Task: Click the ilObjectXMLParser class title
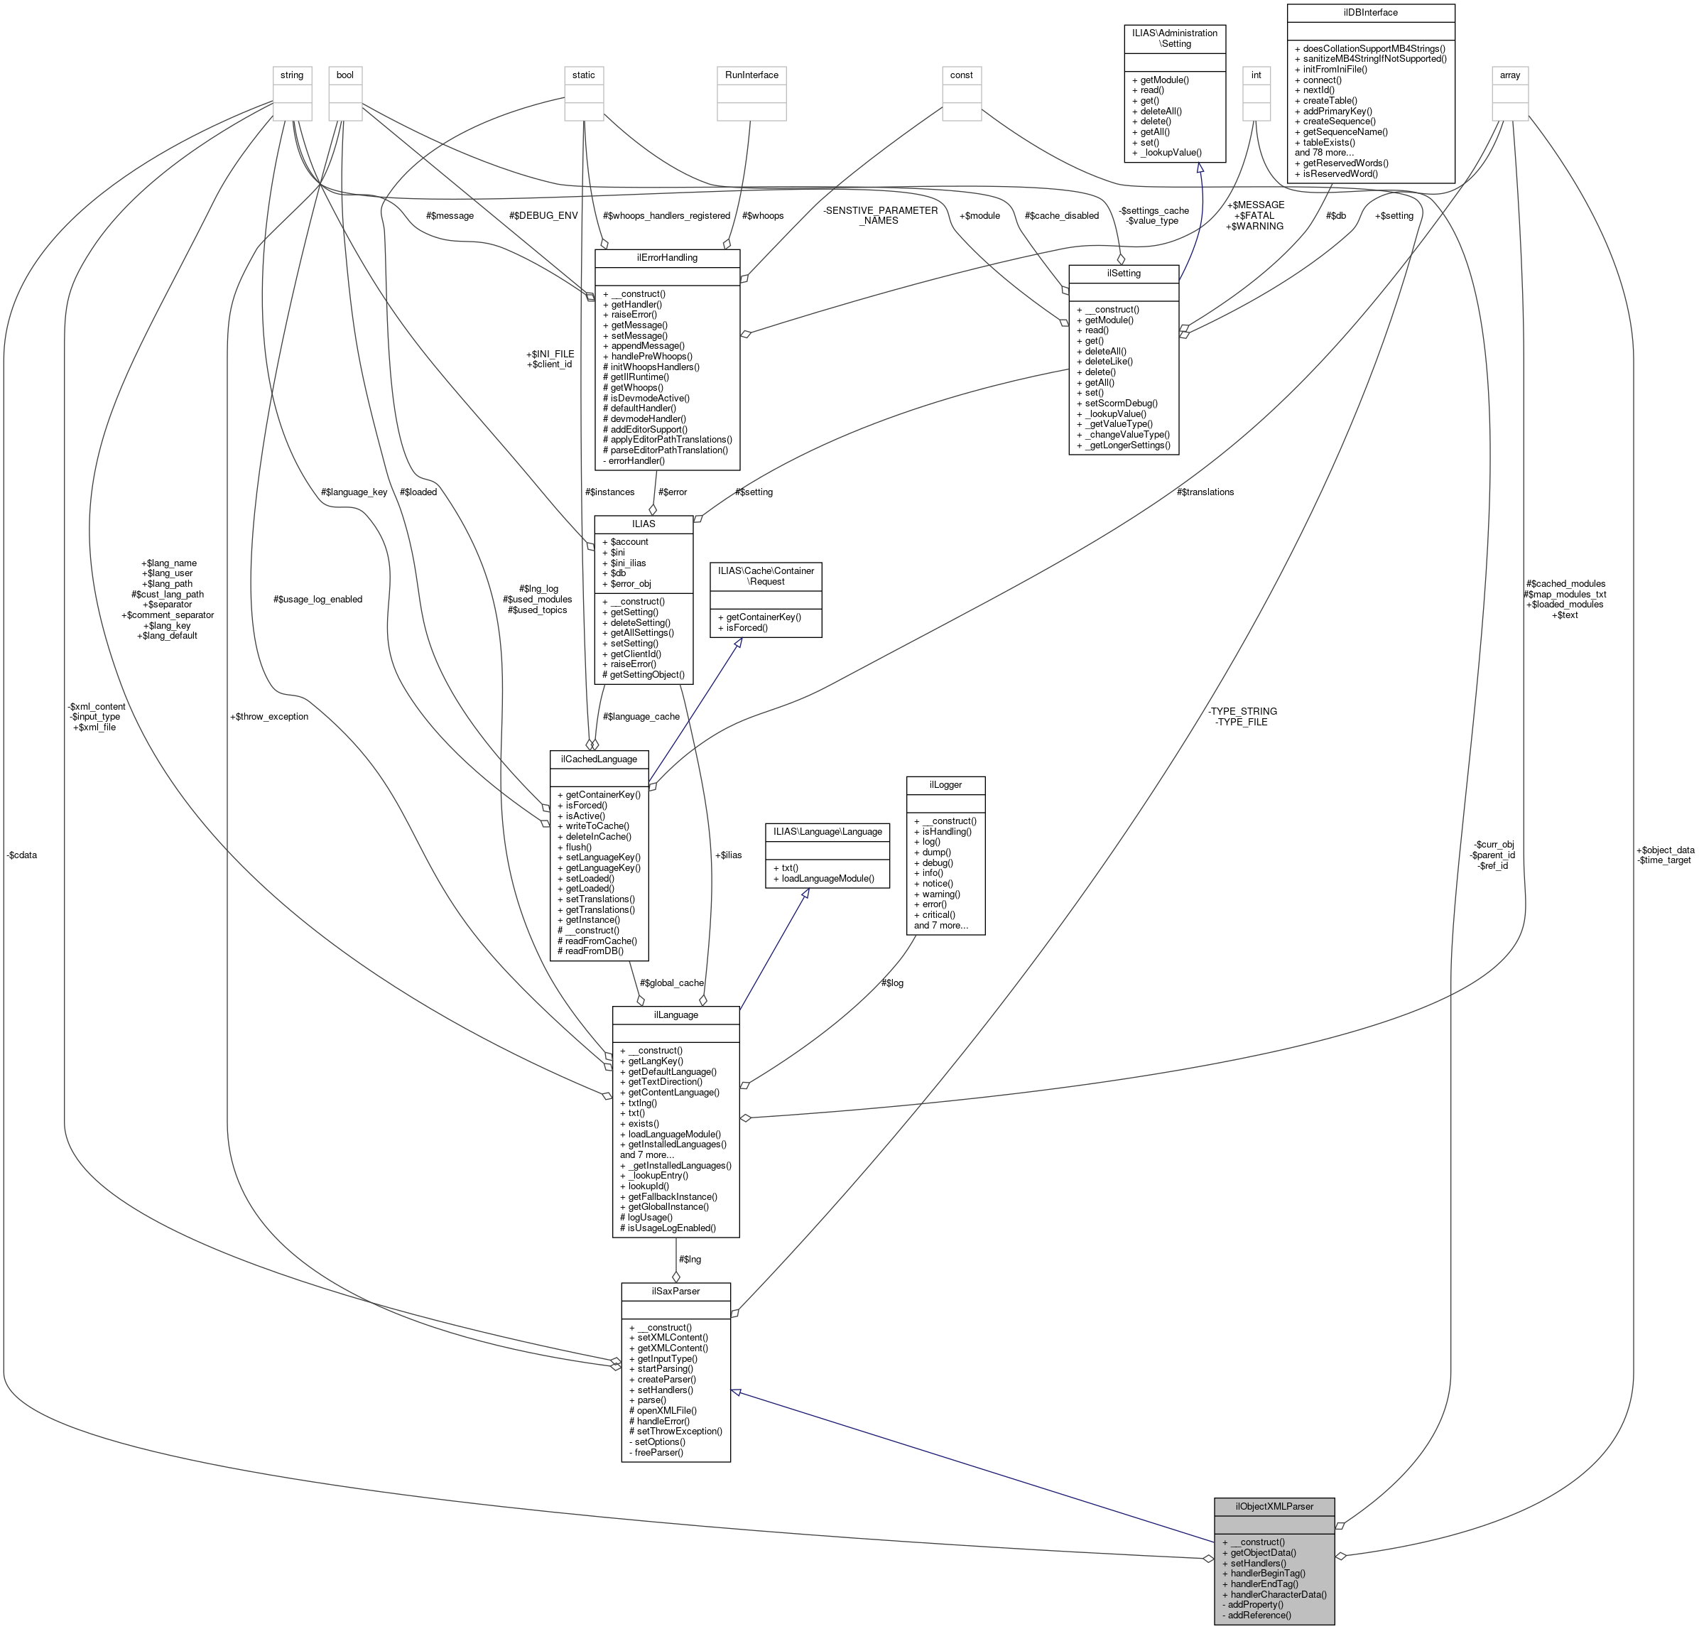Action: [1274, 1506]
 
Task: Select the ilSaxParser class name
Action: [675, 1291]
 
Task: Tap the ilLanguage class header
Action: [675, 1014]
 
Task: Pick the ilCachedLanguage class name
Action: [599, 759]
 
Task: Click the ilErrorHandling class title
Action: [666, 257]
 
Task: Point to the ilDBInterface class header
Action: [1369, 12]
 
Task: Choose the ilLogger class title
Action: [945, 784]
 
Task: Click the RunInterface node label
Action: [751, 75]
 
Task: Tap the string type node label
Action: [291, 75]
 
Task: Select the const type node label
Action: [960, 75]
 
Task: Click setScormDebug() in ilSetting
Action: [1121, 403]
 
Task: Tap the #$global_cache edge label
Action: [671, 983]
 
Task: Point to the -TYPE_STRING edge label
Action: [1242, 711]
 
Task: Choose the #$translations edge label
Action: [1205, 492]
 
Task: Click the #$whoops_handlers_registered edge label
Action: [666, 216]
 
